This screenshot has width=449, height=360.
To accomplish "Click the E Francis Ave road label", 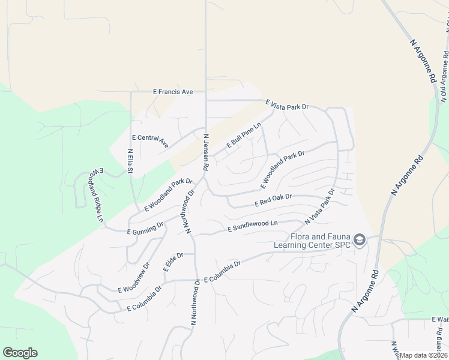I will (x=173, y=92).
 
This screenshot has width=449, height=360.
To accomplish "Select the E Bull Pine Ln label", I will (x=244, y=136).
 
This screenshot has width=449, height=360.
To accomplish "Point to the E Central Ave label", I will (x=150, y=141).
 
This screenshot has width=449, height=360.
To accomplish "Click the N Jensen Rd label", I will (x=206, y=152).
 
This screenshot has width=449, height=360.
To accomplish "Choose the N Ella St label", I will (x=130, y=162).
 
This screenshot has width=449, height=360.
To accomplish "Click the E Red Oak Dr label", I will (x=273, y=200).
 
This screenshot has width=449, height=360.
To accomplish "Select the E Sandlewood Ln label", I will (x=252, y=226).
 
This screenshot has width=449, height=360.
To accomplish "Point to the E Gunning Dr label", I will (x=145, y=228).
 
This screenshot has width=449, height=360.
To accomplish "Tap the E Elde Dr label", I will (x=173, y=262).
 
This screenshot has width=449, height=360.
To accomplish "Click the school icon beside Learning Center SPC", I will (x=359, y=241).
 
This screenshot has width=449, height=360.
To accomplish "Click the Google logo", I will (x=20, y=353).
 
